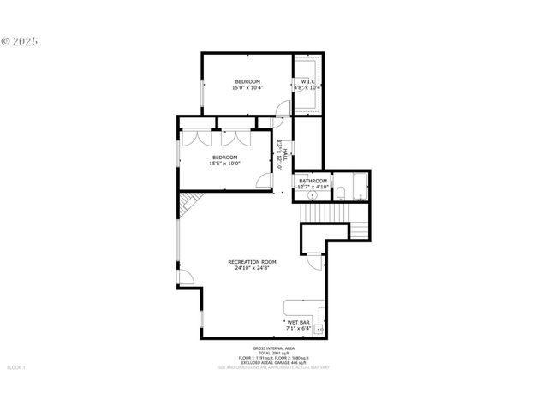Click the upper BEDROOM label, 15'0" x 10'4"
[248, 81]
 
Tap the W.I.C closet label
[308, 81]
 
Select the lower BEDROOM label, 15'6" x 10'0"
[224, 158]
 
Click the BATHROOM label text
[313, 180]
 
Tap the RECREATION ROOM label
[252, 261]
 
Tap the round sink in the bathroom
[301, 191]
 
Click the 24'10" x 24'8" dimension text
[252, 268]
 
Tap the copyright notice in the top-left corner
[21, 40]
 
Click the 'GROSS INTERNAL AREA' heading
[274, 348]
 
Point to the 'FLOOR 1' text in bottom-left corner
[16, 367]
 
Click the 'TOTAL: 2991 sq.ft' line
[274, 354]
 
